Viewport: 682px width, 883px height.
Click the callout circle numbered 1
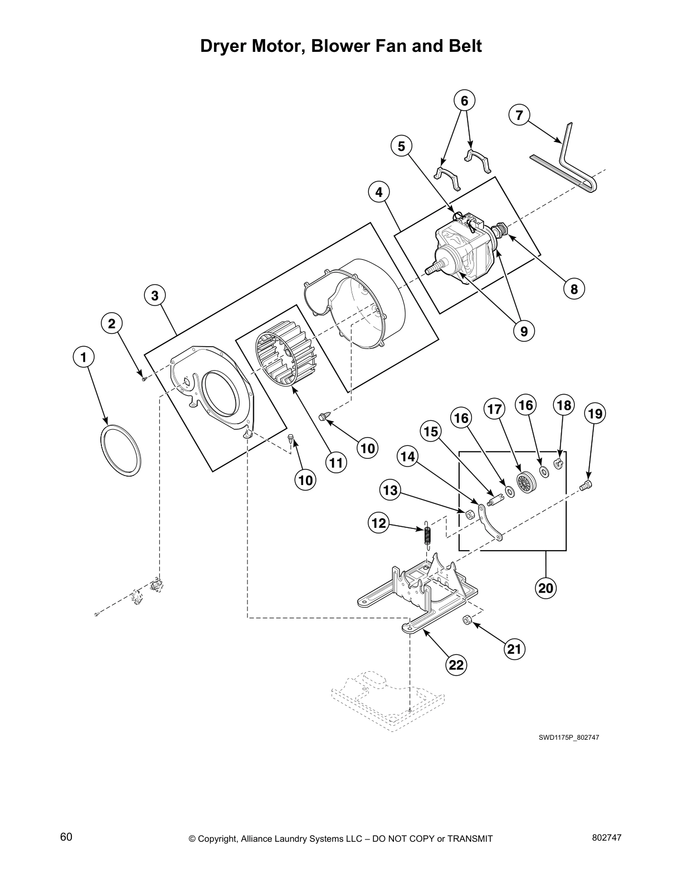[x=84, y=356]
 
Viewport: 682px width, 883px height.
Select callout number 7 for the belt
[x=519, y=115]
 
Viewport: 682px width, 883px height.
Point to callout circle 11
[x=336, y=462]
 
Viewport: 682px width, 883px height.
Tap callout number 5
[x=401, y=146]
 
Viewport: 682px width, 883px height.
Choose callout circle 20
[x=546, y=587]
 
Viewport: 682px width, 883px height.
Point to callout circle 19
[x=595, y=414]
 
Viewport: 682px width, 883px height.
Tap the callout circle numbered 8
[x=574, y=288]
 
